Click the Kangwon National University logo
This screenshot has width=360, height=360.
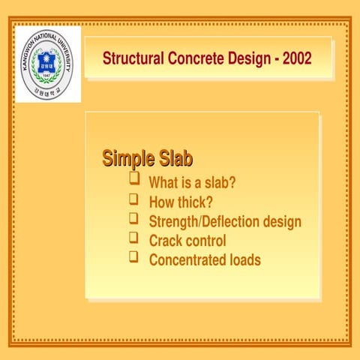coord(47,64)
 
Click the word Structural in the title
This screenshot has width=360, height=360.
coord(130,58)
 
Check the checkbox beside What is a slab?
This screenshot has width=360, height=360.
coord(134,180)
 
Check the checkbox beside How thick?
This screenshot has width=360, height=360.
coord(134,199)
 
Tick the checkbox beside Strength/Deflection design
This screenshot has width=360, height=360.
coord(134,219)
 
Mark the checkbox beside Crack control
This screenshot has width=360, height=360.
coord(134,238)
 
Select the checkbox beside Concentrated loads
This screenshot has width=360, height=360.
coord(134,258)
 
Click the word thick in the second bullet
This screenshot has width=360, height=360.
coord(196,202)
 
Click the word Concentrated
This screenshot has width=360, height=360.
coord(188,260)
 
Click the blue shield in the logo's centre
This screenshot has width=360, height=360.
coord(46,64)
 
